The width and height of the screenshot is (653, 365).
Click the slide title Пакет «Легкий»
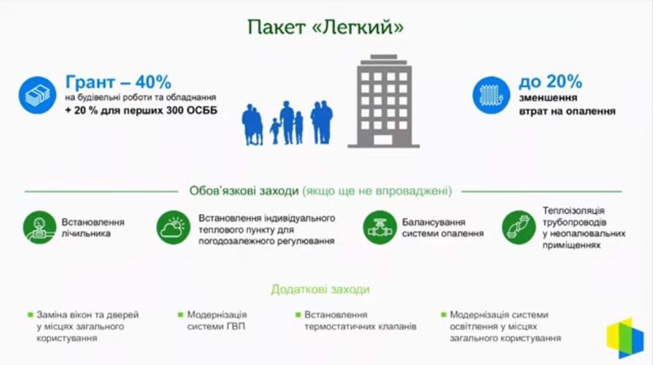[325, 27]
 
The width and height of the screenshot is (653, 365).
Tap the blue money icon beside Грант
[37, 95]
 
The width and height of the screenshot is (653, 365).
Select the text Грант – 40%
[118, 81]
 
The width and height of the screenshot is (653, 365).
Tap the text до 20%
[550, 81]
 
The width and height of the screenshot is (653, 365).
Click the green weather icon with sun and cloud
[174, 228]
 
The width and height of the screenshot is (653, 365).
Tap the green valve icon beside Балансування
[379, 228]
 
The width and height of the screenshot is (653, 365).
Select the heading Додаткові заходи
[320, 289]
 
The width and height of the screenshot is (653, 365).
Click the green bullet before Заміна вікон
[30, 315]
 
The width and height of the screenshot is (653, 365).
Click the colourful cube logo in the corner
[625, 337]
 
